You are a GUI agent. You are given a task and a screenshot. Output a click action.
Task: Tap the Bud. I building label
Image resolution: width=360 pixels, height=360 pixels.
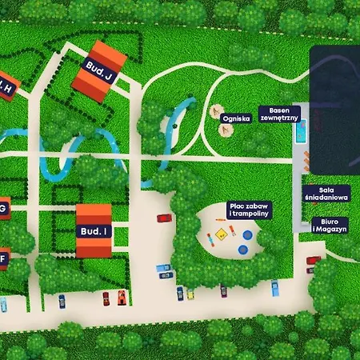(x=93, y=230)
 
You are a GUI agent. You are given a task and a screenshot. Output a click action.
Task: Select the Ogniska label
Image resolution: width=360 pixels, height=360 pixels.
(x=236, y=118)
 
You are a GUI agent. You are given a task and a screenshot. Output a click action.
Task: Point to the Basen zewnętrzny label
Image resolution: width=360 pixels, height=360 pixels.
(x=284, y=113)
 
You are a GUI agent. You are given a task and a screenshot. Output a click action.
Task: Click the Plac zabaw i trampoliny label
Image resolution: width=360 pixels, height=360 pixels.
(x=249, y=210)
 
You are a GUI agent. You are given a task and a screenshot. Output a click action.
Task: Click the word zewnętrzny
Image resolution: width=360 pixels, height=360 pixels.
(x=284, y=118)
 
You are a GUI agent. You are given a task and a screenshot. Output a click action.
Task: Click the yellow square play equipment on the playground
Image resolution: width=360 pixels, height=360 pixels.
(x=220, y=237)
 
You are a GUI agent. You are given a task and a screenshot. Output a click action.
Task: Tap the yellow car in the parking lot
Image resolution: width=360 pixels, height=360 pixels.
(x=190, y=294)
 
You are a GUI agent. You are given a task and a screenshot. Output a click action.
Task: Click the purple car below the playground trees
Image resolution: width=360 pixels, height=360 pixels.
(x=223, y=290)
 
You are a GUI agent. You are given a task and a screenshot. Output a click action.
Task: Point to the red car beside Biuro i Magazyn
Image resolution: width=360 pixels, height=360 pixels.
(x=314, y=260)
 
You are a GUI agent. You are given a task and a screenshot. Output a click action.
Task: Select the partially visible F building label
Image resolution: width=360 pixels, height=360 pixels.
(x=2, y=258)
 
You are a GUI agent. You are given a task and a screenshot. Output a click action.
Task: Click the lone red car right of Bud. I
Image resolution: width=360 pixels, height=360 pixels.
(x=163, y=218)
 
